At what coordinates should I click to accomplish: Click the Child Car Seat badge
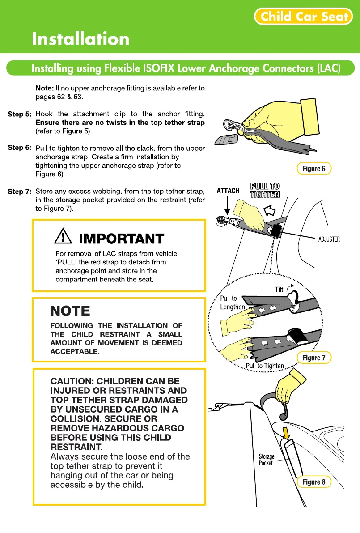304,17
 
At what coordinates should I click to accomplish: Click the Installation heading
80,39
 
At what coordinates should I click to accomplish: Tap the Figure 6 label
314,168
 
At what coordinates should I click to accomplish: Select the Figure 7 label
314,357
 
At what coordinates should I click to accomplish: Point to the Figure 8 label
314,482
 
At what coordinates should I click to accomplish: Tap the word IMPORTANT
121,238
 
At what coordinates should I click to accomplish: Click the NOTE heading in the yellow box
70,311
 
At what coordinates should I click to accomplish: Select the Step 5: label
19,114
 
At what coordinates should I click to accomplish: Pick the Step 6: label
19,148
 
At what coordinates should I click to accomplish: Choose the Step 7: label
19,192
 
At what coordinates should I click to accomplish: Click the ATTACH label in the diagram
228,191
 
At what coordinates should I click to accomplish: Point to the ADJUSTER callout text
329,239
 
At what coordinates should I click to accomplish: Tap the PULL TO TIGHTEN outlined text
265,190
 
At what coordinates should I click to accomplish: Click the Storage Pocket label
267,460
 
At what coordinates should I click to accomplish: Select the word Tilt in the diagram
280,290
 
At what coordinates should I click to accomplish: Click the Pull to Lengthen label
232,303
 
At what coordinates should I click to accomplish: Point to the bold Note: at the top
45,88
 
